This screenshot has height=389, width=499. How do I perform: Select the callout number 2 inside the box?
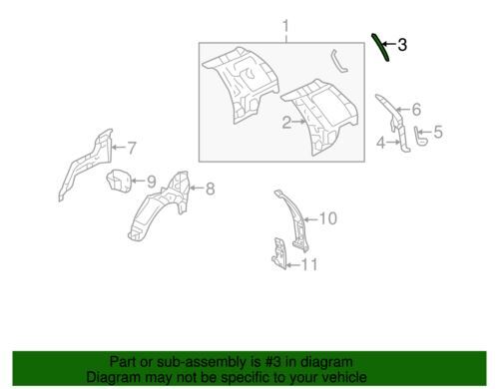point(287,122)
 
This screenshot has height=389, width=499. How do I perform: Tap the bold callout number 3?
point(402,45)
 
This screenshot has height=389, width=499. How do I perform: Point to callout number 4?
point(381,143)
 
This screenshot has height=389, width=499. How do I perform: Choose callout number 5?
point(438,132)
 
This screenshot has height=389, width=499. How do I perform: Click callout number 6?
point(416,110)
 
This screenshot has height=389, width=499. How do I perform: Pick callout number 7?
point(132,148)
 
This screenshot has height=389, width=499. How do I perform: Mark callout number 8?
point(210,189)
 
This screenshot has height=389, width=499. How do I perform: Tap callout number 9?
point(151,182)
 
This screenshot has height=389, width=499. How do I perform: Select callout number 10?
point(327,218)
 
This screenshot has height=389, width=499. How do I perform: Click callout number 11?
point(309,264)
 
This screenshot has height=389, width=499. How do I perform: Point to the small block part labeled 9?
point(118,181)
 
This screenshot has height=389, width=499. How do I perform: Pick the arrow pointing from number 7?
point(118,148)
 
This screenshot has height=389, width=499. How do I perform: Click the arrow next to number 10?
point(310,219)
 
